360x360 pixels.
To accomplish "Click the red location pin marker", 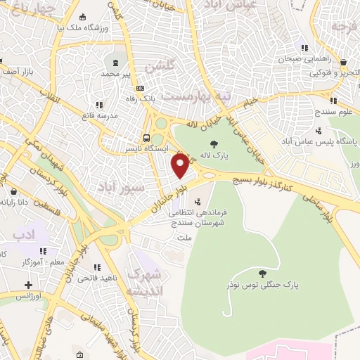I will coord(181,165).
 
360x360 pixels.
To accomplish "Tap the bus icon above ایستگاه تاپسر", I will coord(146,139).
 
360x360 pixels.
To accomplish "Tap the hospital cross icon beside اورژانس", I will coord(28,285).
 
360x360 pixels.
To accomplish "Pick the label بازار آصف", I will coord(15,72).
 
